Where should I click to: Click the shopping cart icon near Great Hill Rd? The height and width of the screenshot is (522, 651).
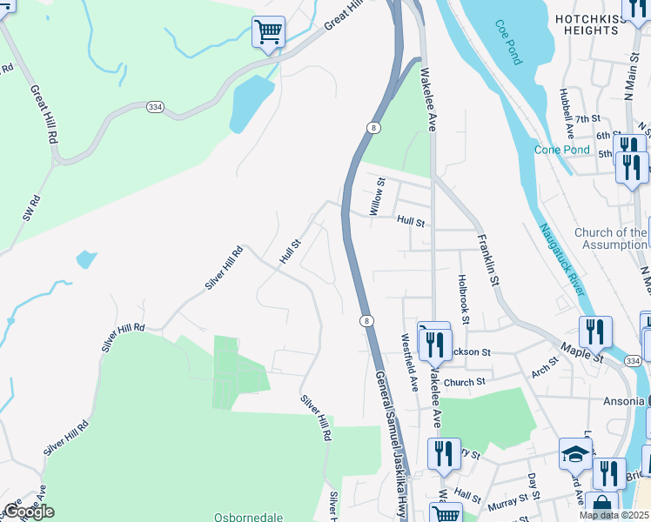click(268, 33)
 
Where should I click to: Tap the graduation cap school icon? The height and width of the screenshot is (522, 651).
click(575, 454)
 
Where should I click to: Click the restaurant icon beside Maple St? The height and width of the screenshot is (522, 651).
click(595, 332)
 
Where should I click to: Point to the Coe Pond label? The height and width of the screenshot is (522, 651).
click(508, 43)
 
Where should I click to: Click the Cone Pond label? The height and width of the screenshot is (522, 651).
click(561, 150)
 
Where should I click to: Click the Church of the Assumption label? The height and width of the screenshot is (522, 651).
click(610, 238)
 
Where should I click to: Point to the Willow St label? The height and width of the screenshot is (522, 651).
click(377, 197)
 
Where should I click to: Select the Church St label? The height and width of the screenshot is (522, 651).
click(463, 382)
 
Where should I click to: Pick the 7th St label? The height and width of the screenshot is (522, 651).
click(587, 118)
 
